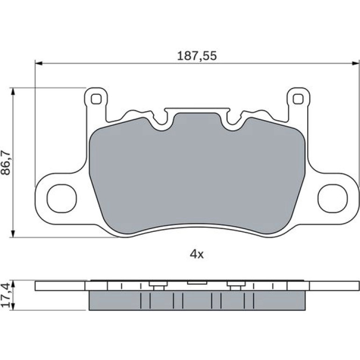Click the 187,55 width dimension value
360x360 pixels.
[x=197, y=56]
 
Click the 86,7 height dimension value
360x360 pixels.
[x=6, y=163]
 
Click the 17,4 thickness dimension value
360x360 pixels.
[x=6, y=295]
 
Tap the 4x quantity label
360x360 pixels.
[x=196, y=254]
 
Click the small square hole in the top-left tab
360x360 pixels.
[x=96, y=99]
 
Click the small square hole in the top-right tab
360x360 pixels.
[x=298, y=99]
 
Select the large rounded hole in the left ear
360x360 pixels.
[x=62, y=198]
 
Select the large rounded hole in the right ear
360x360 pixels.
[x=332, y=198]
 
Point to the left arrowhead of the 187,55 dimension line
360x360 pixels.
[x=39, y=64]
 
